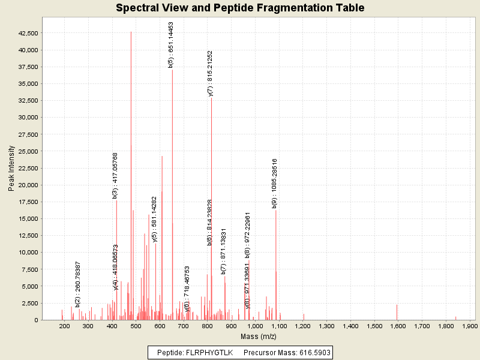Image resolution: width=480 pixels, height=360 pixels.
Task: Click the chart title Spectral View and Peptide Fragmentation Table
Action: pyautogui.click(x=240, y=8)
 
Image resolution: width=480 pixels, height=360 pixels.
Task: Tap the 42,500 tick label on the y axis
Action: pyautogui.click(x=29, y=33)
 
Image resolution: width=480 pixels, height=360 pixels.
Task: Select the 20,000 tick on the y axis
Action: pyautogui.click(x=29, y=185)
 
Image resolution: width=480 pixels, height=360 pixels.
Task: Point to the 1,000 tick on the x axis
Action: pyautogui.click(x=255, y=326)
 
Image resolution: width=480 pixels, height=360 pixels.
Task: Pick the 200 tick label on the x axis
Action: pyautogui.click(x=64, y=326)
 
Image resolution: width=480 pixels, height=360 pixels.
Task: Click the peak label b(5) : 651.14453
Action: pyautogui.click(x=171, y=45)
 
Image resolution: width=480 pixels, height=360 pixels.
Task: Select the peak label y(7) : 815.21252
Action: pyautogui.click(x=210, y=73)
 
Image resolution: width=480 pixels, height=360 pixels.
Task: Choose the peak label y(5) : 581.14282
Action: pyautogui.click(x=154, y=220)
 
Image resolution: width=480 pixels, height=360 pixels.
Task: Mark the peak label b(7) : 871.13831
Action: pyautogui.click(x=223, y=251)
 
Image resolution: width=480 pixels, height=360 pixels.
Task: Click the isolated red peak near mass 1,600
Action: pyautogui.click(x=397, y=312)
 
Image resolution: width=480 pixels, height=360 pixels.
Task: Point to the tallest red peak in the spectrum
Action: pyautogui.click(x=131, y=174)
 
